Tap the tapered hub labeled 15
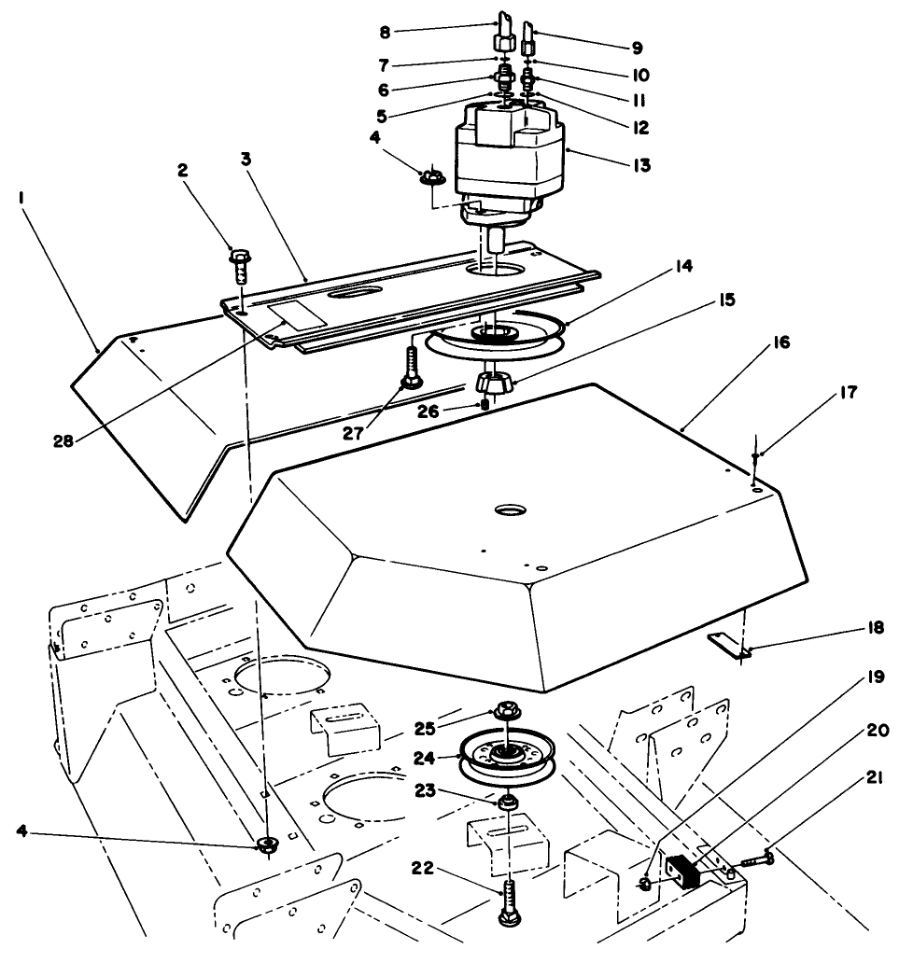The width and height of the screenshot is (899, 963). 495,384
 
